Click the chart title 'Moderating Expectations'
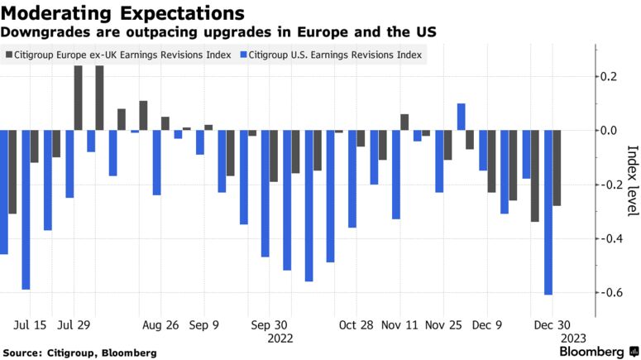point(122,13)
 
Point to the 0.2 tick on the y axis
point(608,77)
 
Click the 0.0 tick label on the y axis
point(608,131)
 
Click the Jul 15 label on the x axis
point(31,325)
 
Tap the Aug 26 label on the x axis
point(160,325)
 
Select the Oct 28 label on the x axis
point(356,325)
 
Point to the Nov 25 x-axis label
point(444,325)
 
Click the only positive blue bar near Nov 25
point(461,117)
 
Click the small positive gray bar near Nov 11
point(404,122)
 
